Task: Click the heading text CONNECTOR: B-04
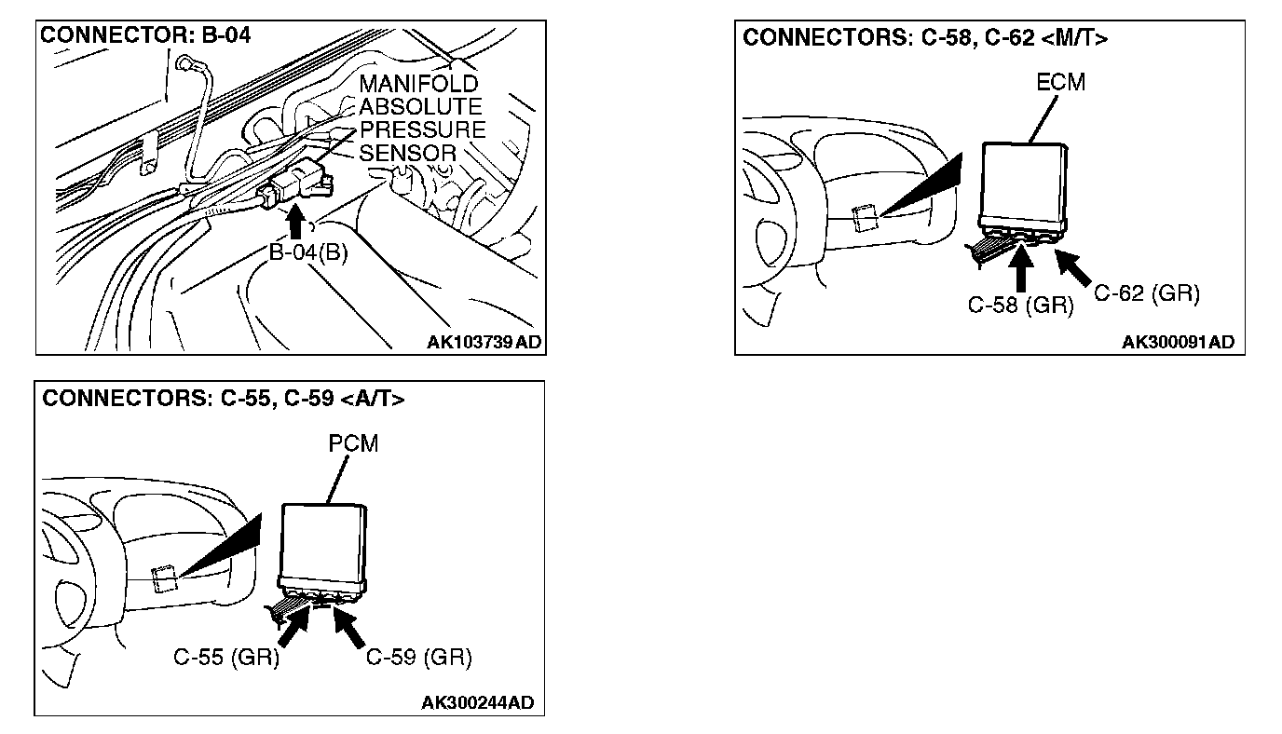[x=145, y=36]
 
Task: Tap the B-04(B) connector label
[x=307, y=252]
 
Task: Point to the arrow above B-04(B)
[x=296, y=224]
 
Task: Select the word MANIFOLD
[x=418, y=85]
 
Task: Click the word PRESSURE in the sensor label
[x=422, y=129]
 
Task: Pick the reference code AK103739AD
[x=484, y=342]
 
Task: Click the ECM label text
[x=1060, y=82]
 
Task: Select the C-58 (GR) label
[x=1020, y=305]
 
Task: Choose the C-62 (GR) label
[x=1146, y=294]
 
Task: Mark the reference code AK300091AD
[x=1178, y=342]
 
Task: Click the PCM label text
[x=353, y=443]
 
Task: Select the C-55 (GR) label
[x=226, y=658]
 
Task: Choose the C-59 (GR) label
[x=418, y=658]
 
